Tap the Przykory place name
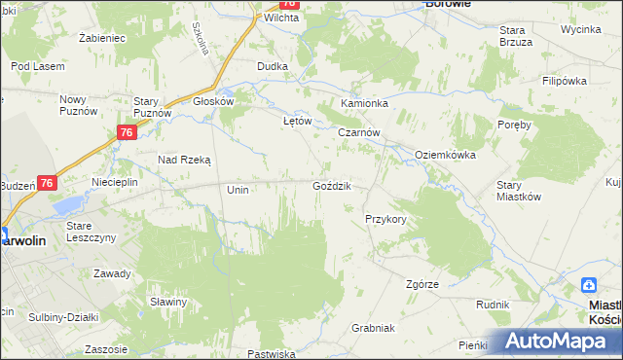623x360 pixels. point(385,219)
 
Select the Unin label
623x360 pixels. point(238,190)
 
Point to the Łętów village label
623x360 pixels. point(296,121)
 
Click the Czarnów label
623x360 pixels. point(358,132)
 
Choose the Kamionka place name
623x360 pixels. point(364,102)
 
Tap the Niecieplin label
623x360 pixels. point(114,182)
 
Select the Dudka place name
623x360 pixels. point(272,66)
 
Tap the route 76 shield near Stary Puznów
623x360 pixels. point(126,133)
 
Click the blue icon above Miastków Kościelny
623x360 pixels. point(589,285)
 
